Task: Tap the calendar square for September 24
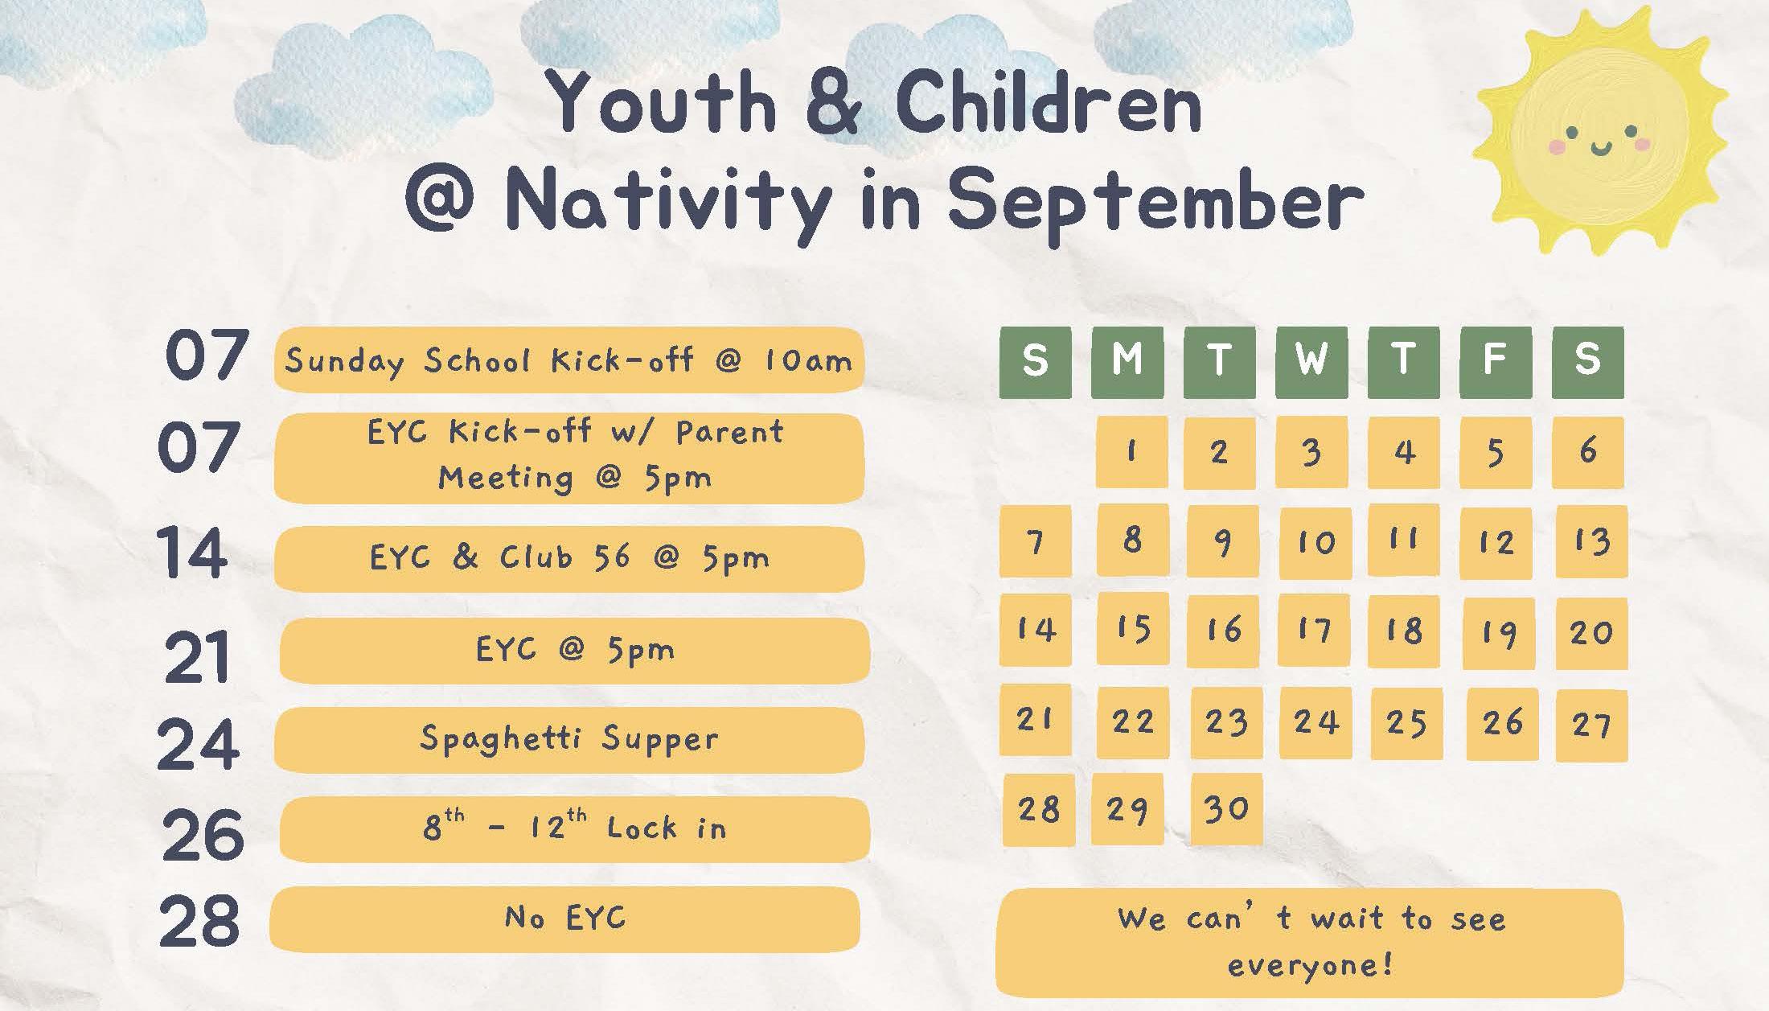pos(1315,722)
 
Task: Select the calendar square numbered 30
pos(1226,808)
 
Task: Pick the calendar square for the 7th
pos(1035,541)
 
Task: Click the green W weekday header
pos(1311,362)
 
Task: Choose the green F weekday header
pos(1496,362)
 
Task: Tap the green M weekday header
pos(1127,362)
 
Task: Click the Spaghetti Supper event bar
pos(569,740)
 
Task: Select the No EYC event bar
pos(564,919)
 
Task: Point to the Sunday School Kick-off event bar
pos(569,360)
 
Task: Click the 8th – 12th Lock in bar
pos(575,829)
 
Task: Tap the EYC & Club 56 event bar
pos(569,559)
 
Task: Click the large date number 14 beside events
pos(192,552)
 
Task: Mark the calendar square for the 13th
pos(1591,541)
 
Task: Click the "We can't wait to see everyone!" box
pos(1310,943)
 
